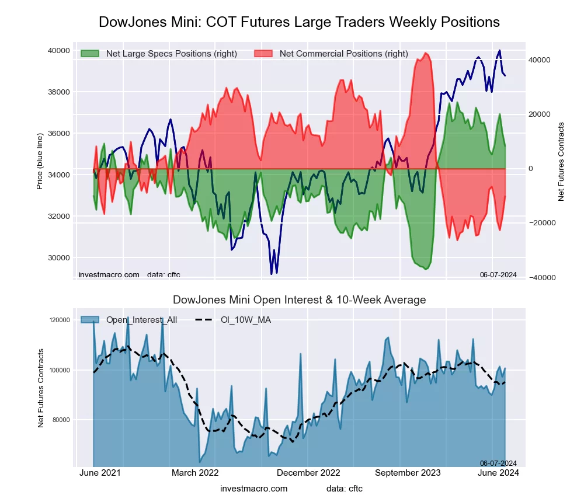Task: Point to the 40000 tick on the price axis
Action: pos(58,51)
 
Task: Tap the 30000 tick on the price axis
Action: pos(58,258)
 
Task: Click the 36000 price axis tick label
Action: pos(58,134)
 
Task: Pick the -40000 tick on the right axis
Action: pos(541,277)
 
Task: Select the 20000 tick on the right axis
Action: pos(540,114)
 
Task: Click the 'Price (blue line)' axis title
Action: pos(40,161)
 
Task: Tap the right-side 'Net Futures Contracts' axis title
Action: pos(561,161)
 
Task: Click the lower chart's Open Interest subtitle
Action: pos(299,300)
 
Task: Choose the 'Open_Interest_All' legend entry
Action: pos(140,319)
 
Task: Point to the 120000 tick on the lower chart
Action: pos(60,320)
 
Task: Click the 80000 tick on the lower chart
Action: pos(61,420)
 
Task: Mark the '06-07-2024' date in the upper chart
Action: pos(498,274)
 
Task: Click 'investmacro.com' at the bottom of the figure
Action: pos(253,489)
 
